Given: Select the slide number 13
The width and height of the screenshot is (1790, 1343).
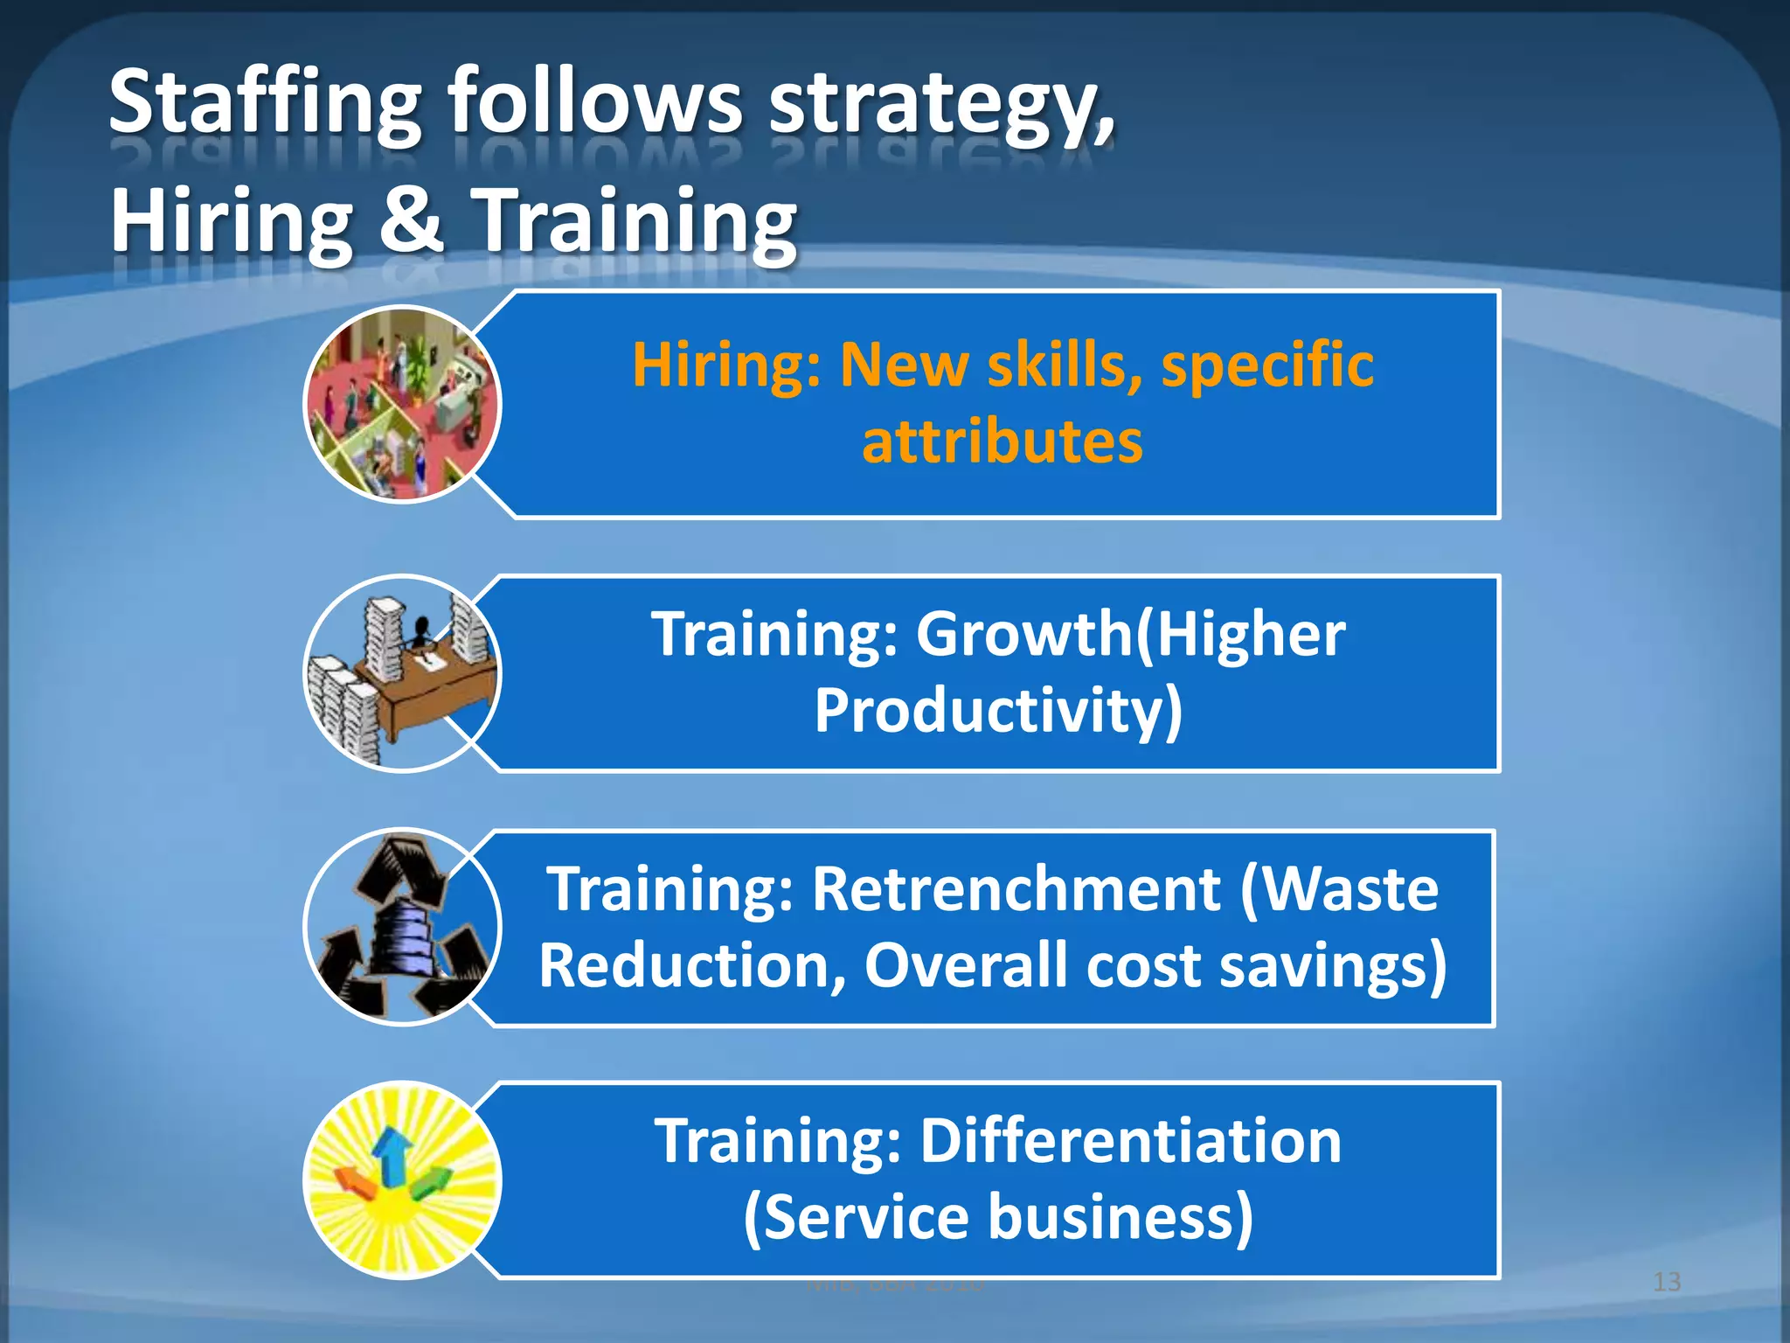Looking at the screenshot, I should pos(1667,1283).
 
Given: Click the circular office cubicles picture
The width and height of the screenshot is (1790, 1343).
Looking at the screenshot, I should pos(403,404).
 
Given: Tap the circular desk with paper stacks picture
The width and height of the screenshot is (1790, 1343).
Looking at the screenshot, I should pos(403,673).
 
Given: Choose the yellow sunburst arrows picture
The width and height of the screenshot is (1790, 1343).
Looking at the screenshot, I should pos(403,1180).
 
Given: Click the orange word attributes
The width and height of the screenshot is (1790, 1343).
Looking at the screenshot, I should pos(1003,442).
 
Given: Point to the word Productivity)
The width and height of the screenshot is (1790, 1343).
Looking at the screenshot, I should pos(998,710).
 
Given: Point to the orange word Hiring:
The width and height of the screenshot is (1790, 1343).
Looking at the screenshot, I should pos(726,365).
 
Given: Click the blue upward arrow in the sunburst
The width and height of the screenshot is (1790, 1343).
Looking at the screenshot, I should pos(392,1154).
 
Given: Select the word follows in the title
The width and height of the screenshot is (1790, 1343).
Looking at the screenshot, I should pos(595,105).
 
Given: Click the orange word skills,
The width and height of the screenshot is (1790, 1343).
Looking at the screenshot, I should pos(1065,365).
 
